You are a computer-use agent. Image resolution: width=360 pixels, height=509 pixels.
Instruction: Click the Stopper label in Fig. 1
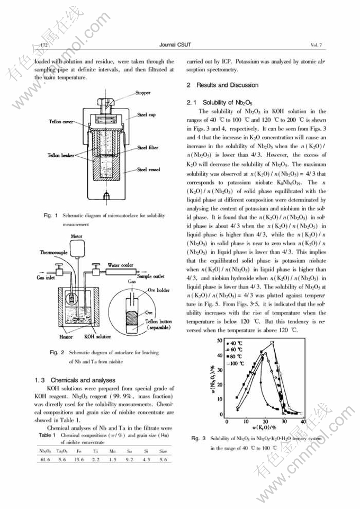point(143,93)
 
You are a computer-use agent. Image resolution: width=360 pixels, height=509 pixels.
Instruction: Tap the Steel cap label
point(146,114)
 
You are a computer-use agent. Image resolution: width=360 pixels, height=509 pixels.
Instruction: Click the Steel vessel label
point(148,169)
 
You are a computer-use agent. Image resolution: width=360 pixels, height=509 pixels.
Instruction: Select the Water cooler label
point(120,264)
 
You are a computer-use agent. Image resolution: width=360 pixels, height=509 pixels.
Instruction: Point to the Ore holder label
point(158,290)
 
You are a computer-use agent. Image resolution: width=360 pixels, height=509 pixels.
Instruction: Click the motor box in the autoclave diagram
point(78,249)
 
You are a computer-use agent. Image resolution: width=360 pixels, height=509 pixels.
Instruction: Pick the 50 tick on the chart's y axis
point(220,342)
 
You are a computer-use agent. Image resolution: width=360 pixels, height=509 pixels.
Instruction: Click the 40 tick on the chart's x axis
point(303,421)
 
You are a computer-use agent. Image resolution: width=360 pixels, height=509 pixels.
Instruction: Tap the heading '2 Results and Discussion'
point(222,85)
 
